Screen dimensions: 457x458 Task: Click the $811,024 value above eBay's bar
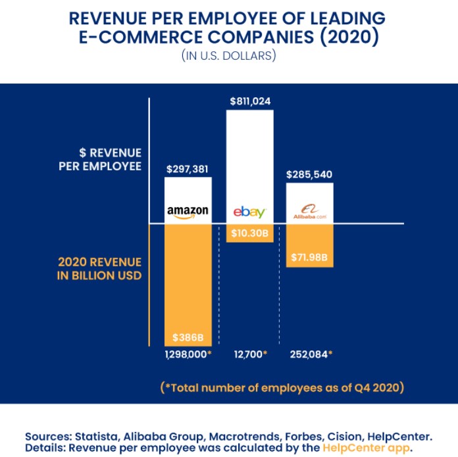pos(250,102)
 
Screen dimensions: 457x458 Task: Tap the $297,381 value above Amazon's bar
pos(188,169)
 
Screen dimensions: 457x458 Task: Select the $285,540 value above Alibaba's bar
pos(309,176)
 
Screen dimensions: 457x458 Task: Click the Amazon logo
pos(188,212)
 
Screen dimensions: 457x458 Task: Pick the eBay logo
pos(249,212)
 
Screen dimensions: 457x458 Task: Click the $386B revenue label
pos(188,338)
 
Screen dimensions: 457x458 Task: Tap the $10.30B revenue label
pos(249,233)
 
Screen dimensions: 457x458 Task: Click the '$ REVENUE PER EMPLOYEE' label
pos(99,158)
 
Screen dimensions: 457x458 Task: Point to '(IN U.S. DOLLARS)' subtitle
pos(228,56)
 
